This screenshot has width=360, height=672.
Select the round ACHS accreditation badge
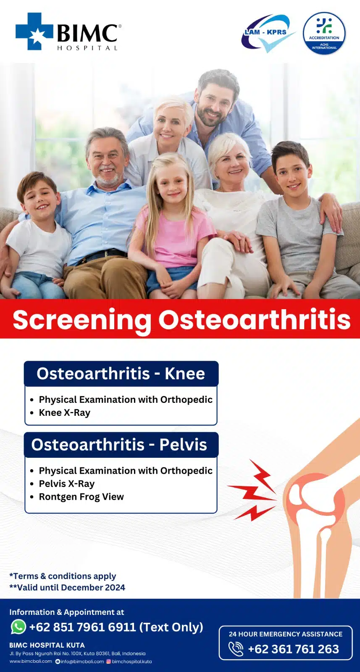324,33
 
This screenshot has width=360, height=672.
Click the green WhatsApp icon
18,627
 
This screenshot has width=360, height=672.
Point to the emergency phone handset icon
236,649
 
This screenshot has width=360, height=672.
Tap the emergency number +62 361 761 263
293,649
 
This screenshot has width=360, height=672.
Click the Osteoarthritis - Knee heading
121,374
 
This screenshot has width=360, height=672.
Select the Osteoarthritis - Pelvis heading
119,445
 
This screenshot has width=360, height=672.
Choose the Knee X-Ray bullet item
65,413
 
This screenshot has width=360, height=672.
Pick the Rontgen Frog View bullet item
81,497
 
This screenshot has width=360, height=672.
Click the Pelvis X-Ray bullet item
67,483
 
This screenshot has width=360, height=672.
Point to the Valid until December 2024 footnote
67,588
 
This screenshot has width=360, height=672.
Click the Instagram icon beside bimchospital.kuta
109,661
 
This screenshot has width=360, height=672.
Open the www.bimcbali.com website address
31,661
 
